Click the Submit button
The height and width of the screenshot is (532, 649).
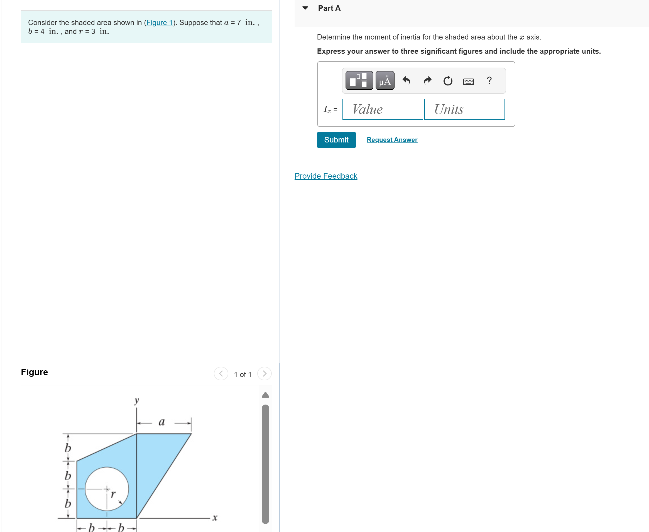click(336, 140)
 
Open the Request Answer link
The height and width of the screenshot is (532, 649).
click(392, 140)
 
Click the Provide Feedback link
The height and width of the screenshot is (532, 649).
click(325, 176)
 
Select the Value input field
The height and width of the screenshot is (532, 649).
click(382, 109)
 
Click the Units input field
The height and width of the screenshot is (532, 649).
click(464, 109)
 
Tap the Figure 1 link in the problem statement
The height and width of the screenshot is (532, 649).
click(160, 23)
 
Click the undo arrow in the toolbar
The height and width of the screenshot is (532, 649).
click(406, 81)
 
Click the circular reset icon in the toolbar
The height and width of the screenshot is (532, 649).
click(448, 81)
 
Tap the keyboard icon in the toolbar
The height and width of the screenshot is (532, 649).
click(468, 82)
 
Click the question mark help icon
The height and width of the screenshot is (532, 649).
click(489, 80)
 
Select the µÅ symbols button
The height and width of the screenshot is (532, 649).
click(385, 81)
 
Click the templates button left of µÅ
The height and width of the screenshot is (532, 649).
click(359, 81)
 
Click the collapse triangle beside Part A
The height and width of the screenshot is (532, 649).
click(305, 8)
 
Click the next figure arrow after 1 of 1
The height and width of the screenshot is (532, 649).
click(264, 374)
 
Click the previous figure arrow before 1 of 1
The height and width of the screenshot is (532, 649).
click(221, 374)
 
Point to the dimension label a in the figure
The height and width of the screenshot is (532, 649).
click(161, 422)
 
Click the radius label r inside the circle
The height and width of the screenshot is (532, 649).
click(113, 494)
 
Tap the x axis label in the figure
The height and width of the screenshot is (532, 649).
click(215, 518)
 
